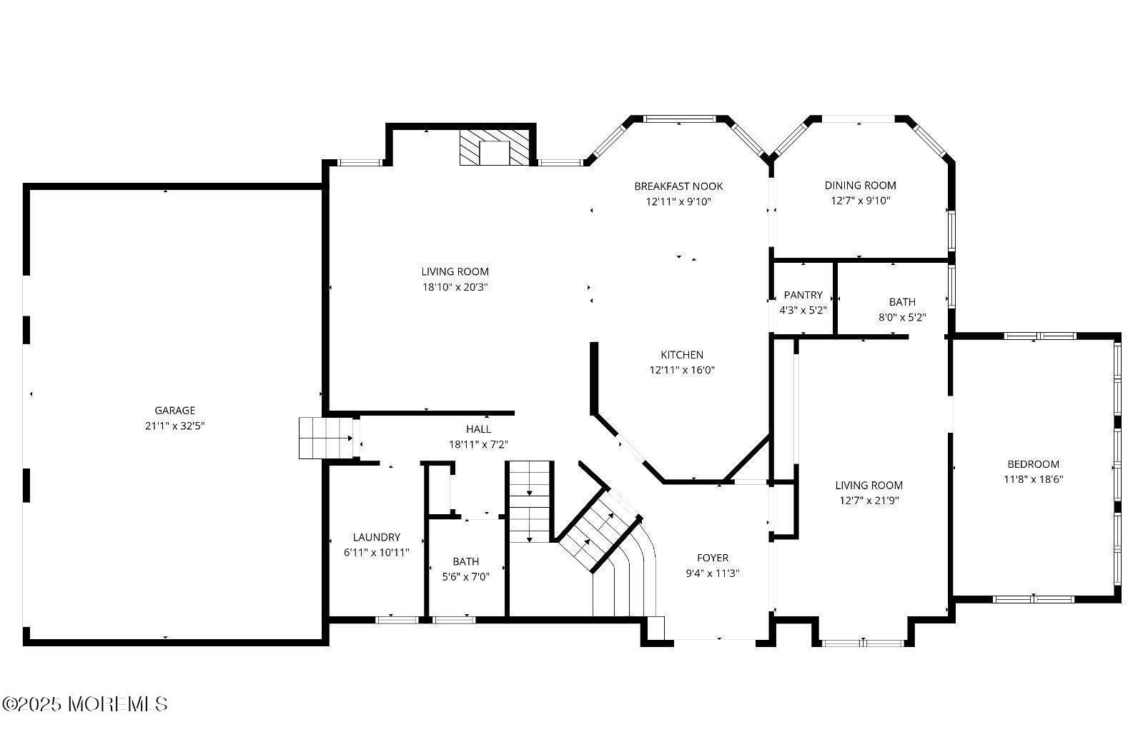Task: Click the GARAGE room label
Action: [x=174, y=411]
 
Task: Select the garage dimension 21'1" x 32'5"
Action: [x=174, y=426]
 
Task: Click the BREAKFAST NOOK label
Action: [x=678, y=186]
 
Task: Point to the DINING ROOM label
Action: [x=860, y=186]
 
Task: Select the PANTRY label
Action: [x=803, y=295]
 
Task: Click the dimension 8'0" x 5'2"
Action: [x=902, y=318]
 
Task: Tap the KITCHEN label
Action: [x=681, y=355]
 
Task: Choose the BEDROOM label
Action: [x=1033, y=464]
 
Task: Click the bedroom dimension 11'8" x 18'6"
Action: [x=1033, y=480]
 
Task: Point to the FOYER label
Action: [x=712, y=558]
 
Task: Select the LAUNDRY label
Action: [x=376, y=538]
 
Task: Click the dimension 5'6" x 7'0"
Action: [x=465, y=577]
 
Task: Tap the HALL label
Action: [x=478, y=429]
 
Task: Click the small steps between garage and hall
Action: [x=325, y=438]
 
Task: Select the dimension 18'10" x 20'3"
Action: [x=455, y=287]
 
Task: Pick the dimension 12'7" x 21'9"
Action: [x=869, y=501]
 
